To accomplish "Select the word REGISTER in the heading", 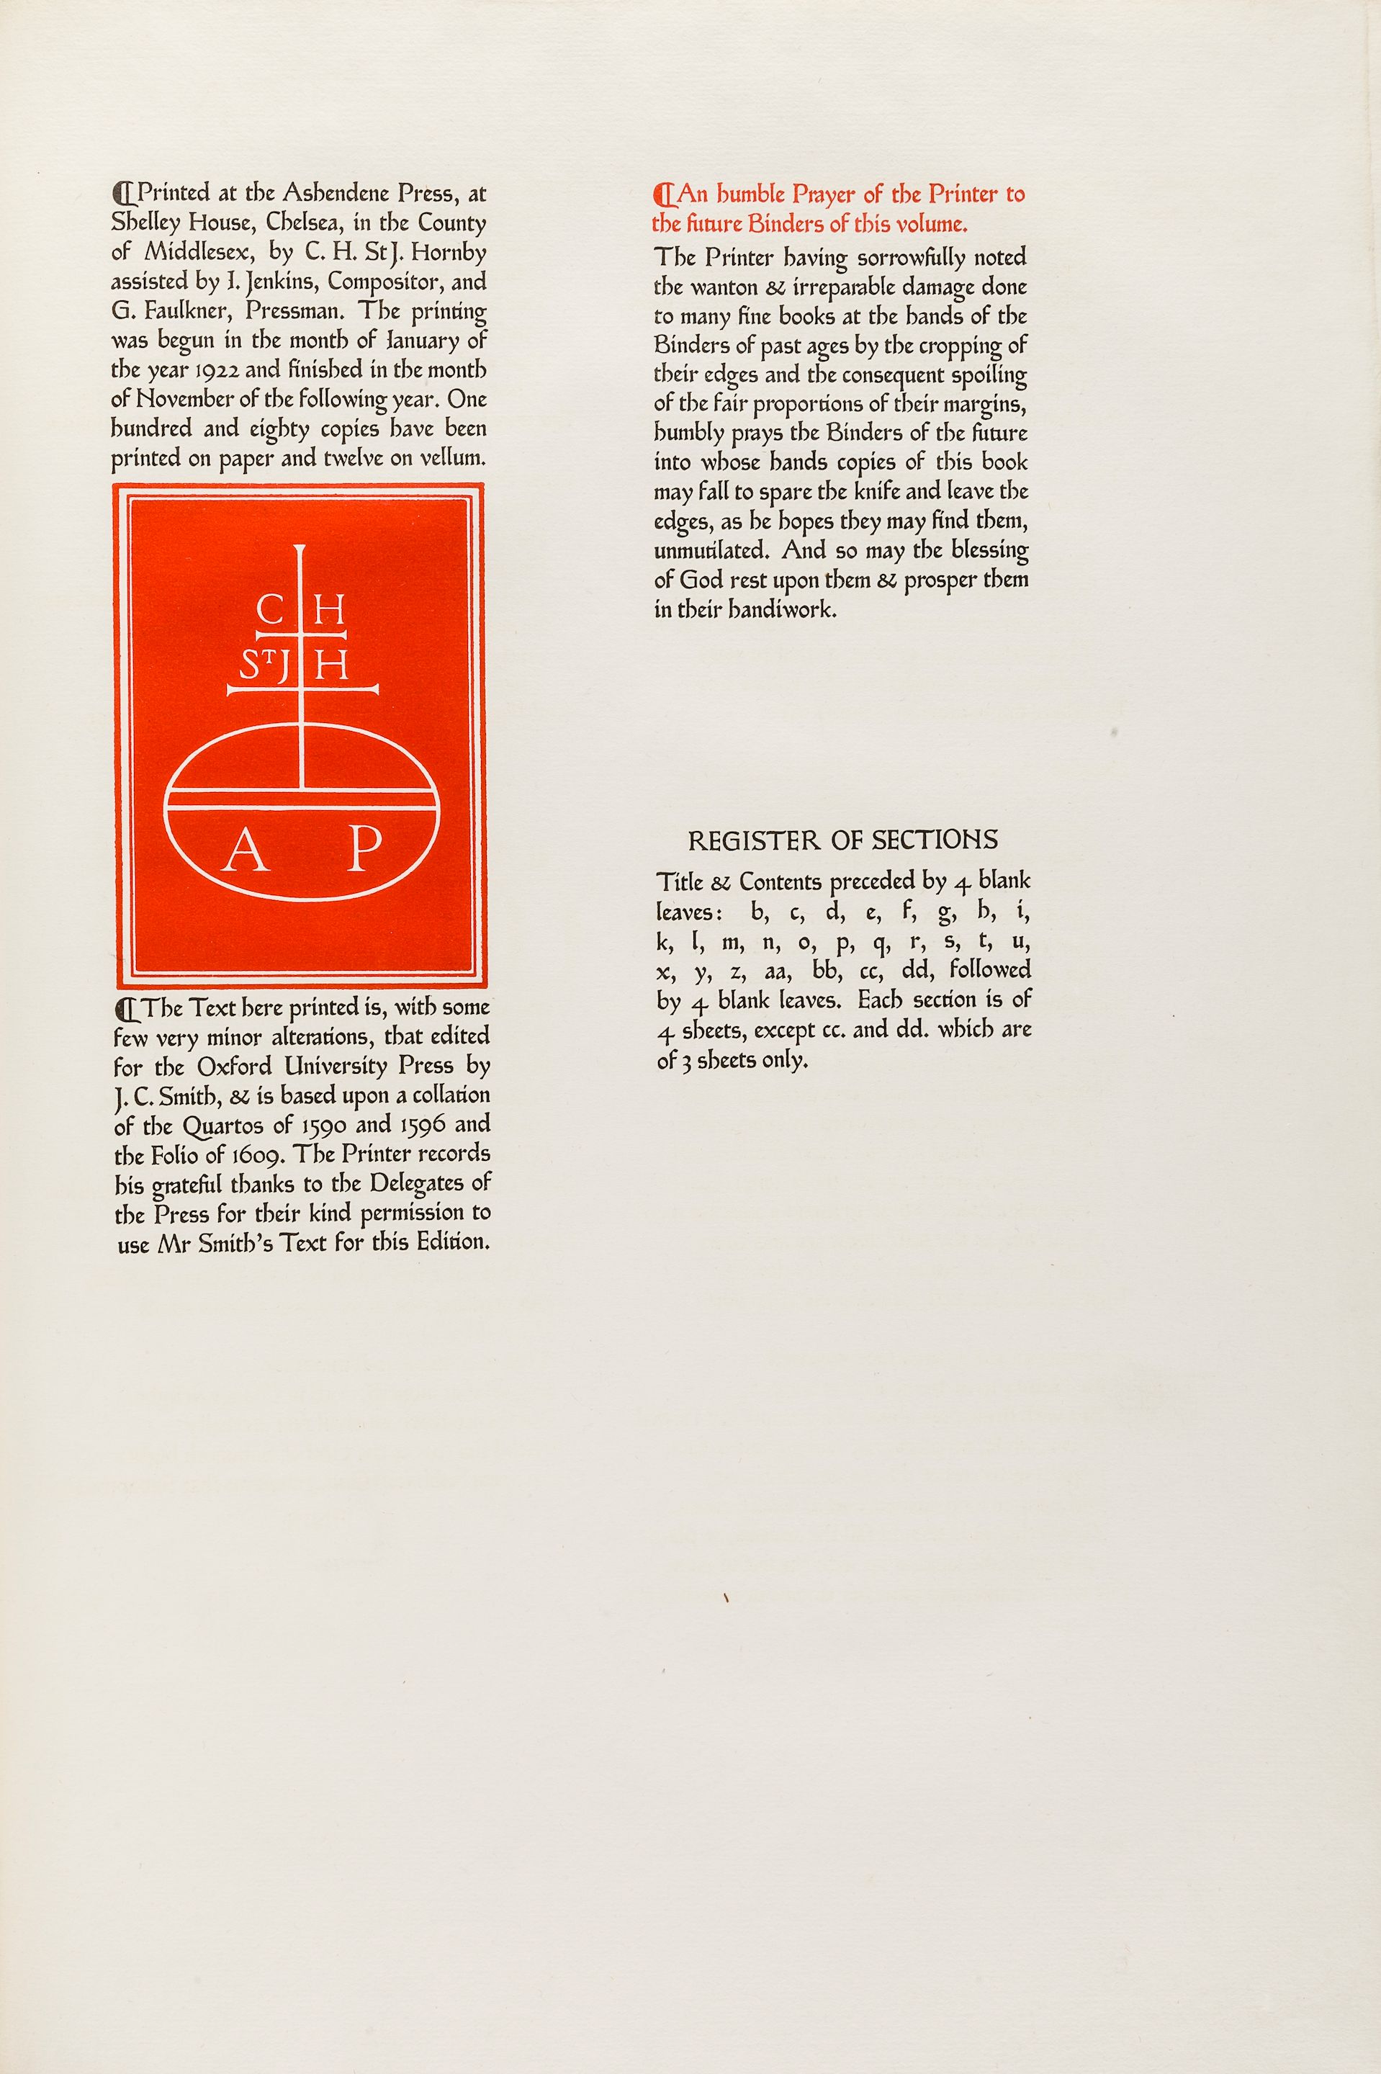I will click(x=753, y=841).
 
